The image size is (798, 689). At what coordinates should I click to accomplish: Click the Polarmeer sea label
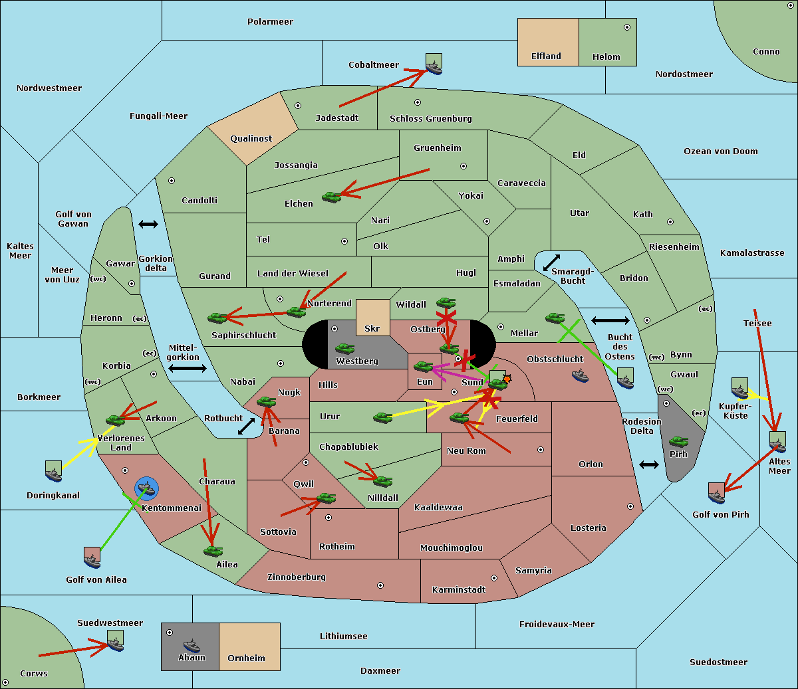point(270,22)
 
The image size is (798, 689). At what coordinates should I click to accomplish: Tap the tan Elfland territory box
point(548,42)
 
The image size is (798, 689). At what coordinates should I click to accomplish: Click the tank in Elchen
point(332,197)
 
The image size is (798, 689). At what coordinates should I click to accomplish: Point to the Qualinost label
point(251,138)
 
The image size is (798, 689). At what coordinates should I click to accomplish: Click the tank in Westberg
point(344,349)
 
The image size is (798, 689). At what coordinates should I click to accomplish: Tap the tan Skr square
point(372,318)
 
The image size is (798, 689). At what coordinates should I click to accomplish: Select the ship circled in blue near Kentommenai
point(146,488)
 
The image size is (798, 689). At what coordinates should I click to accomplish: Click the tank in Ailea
point(213,551)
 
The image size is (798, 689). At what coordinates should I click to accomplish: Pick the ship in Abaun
point(192,645)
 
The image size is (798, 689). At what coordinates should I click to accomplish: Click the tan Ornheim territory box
point(249,646)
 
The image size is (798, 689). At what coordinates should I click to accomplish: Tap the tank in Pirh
point(679,441)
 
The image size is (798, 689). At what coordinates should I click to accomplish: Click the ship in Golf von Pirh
point(717,496)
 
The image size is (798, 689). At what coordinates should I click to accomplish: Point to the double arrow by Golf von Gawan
point(148,224)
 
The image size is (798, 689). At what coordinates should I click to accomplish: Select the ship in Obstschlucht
point(580,375)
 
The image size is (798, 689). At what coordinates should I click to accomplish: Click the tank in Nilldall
point(382,482)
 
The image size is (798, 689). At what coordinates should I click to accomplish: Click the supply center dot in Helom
point(627,27)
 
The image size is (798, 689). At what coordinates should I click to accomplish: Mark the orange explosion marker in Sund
point(507,379)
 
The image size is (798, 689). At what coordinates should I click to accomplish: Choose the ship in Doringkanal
point(54,474)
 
